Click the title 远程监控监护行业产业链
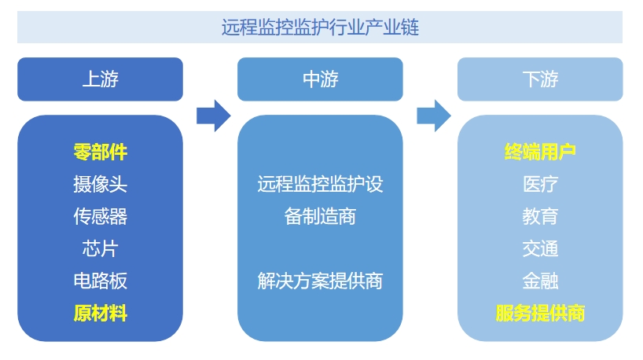pos(320,28)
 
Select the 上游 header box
pos(100,79)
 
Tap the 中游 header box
pos(320,79)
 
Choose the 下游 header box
pos(540,79)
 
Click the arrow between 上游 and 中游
pos(213,116)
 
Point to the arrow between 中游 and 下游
pos(433,116)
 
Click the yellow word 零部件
pos(100,152)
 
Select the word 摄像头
pos(100,185)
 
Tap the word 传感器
pos(100,217)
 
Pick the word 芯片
pos(100,249)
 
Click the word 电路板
pos(100,281)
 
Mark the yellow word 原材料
pos(100,314)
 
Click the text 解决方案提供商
pos(320,281)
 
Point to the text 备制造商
pos(320,217)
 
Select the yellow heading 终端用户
pos(540,152)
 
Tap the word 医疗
pos(540,185)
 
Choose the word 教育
pos(540,217)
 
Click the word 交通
pos(540,249)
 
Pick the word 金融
pos(540,281)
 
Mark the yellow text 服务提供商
pos(540,314)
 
